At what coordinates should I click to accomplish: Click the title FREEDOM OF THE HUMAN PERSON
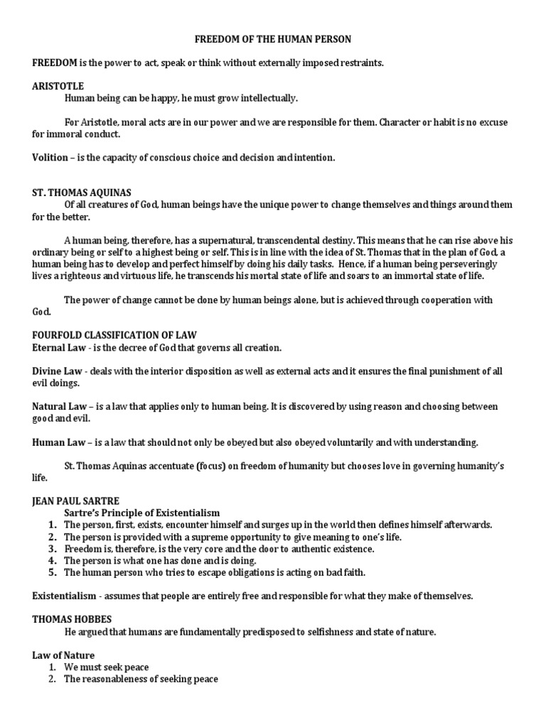click(272, 40)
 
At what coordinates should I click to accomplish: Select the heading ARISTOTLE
click(58, 86)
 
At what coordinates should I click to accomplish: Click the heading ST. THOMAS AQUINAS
click(82, 192)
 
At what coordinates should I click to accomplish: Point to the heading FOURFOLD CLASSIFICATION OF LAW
click(114, 335)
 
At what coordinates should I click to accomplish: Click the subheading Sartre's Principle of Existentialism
click(141, 513)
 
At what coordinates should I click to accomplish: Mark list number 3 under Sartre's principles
click(52, 549)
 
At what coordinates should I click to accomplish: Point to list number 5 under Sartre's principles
click(52, 572)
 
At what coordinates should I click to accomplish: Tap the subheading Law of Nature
click(63, 655)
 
